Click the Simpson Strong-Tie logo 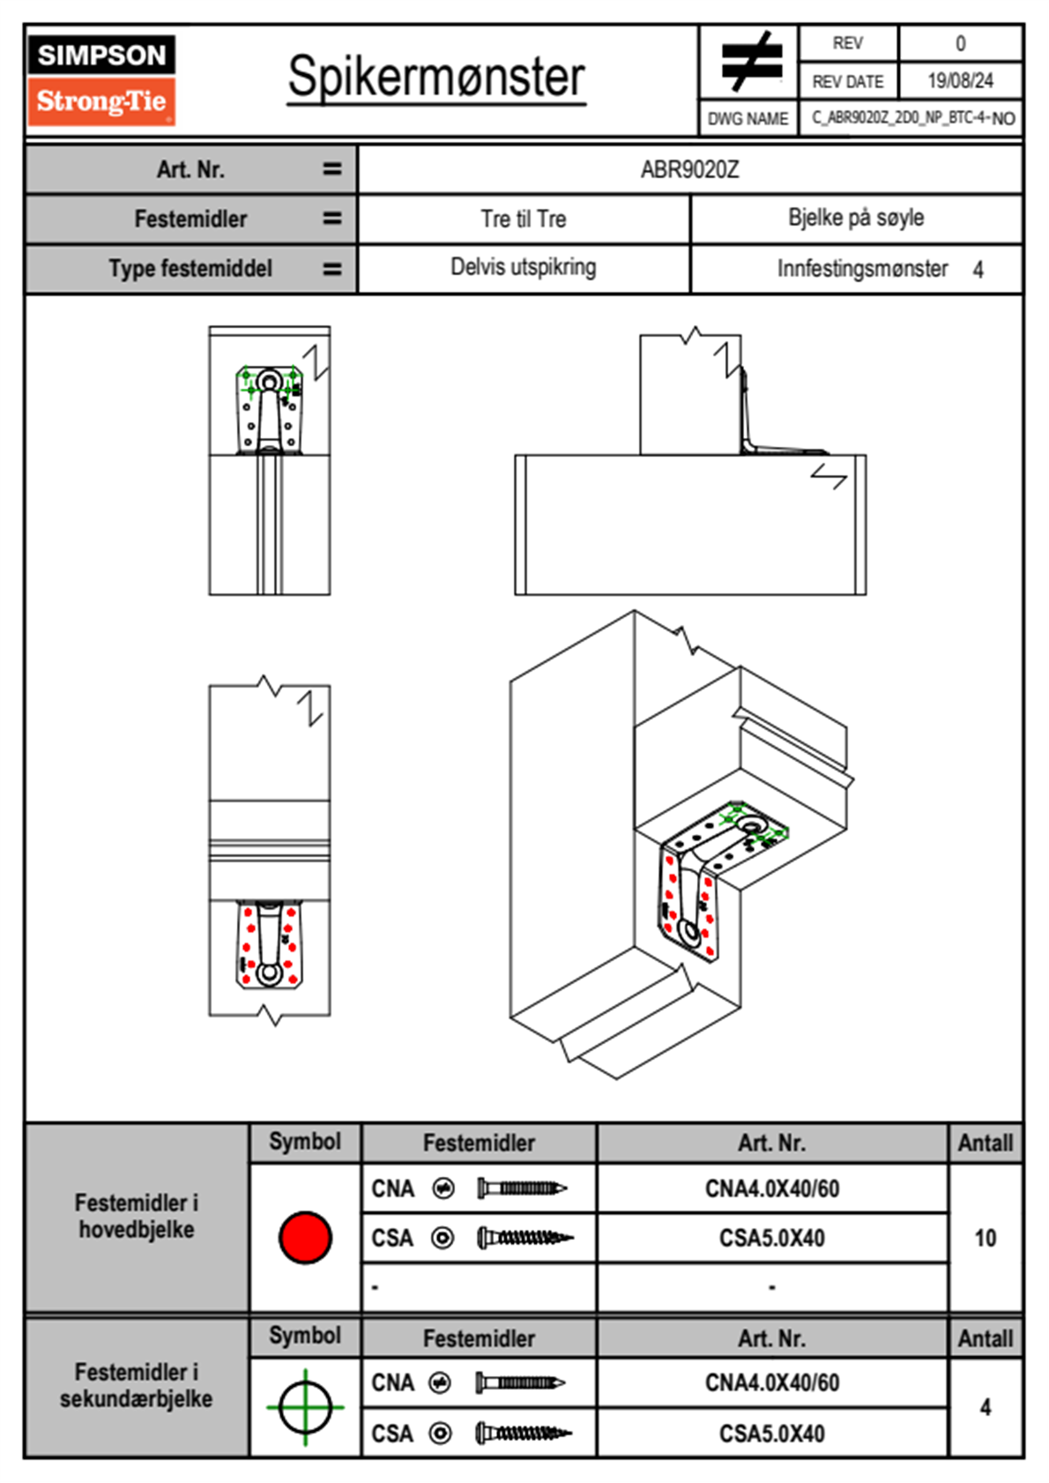pyautogui.click(x=101, y=80)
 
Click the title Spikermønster pyautogui.click(x=436, y=78)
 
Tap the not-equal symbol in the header pyautogui.click(x=750, y=62)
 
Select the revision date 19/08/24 pyautogui.click(x=960, y=81)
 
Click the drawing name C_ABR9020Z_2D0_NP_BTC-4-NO pyautogui.click(x=912, y=118)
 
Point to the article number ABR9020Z pyautogui.click(x=689, y=169)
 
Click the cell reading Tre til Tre pyautogui.click(x=524, y=219)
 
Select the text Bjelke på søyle pyautogui.click(x=856, y=218)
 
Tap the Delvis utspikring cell pyautogui.click(x=524, y=267)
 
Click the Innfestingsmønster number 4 pyautogui.click(x=978, y=270)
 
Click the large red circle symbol pyautogui.click(x=305, y=1237)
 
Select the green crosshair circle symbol pyautogui.click(x=305, y=1406)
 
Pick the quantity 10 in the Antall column pyautogui.click(x=985, y=1238)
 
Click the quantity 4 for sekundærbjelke pyautogui.click(x=985, y=1407)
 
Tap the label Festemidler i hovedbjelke pyautogui.click(x=137, y=1216)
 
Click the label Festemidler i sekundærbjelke pyautogui.click(x=137, y=1385)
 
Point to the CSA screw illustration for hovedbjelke pyautogui.click(x=524, y=1238)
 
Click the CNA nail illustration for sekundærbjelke pyautogui.click(x=521, y=1382)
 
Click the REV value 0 pyautogui.click(x=960, y=43)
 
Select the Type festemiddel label pyautogui.click(x=190, y=268)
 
